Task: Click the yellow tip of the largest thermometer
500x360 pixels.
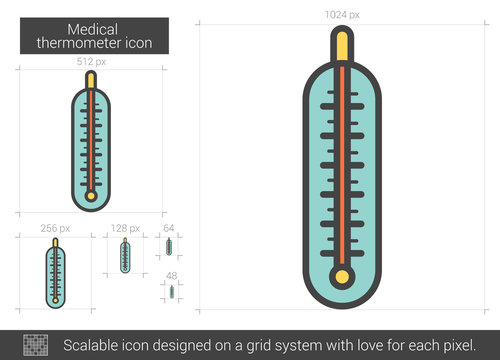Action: tap(343, 46)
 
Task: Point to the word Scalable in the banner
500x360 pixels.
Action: tap(91, 343)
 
